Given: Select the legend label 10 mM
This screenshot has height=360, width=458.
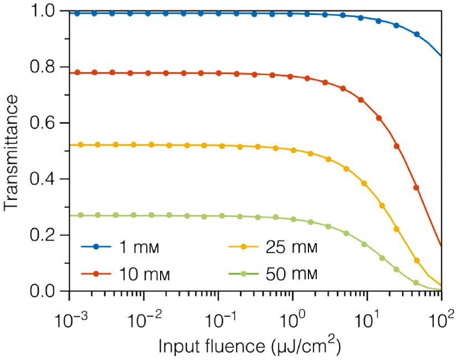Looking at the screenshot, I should coord(146,273).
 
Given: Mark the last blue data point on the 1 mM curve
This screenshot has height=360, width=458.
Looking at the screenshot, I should coord(416,34).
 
